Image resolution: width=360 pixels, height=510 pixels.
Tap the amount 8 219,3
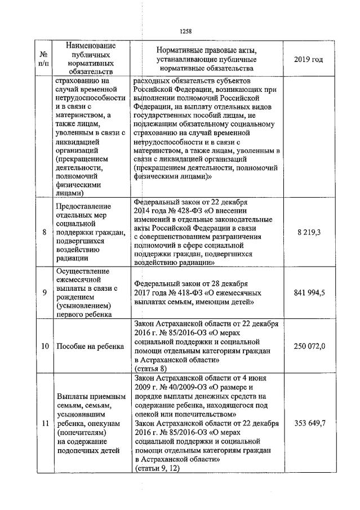tap(309, 232)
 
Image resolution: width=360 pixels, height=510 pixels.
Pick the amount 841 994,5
tap(309, 292)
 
